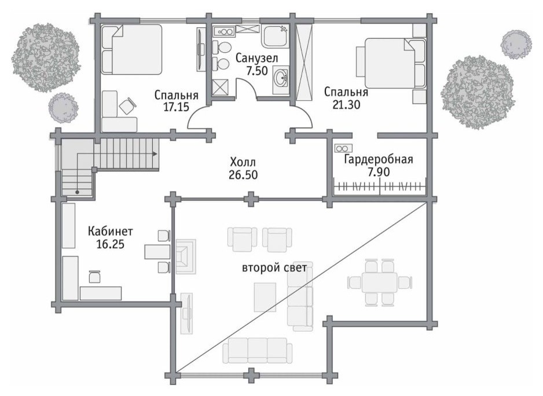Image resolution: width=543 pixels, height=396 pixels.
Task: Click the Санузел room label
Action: [x=256, y=58]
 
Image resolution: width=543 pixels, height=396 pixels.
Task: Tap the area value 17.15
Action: [x=176, y=107]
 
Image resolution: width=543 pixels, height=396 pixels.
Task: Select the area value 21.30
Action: [x=346, y=104]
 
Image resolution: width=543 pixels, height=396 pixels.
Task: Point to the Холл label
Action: [x=243, y=162]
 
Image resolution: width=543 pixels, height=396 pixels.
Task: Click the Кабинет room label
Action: [x=110, y=231]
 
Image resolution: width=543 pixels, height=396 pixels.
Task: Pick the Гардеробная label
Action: [x=379, y=159]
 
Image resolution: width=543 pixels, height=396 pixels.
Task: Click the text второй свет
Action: [x=274, y=268]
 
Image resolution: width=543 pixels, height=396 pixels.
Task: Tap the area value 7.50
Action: [x=256, y=71]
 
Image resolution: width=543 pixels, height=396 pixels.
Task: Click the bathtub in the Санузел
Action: [x=275, y=36]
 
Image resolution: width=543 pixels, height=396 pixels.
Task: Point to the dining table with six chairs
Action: [x=380, y=282]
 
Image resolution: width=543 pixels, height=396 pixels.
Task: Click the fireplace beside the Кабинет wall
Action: [x=186, y=256]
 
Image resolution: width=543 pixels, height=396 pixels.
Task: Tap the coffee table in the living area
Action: [x=265, y=297]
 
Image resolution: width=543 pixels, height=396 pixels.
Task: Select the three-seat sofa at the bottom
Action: [x=257, y=350]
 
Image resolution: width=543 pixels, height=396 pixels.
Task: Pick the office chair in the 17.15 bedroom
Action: [x=126, y=105]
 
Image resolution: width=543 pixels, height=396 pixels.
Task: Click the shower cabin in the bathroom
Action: [x=219, y=87]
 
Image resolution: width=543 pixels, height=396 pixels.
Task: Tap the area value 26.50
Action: [x=243, y=175]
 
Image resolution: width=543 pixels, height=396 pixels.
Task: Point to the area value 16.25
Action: [x=110, y=244]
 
